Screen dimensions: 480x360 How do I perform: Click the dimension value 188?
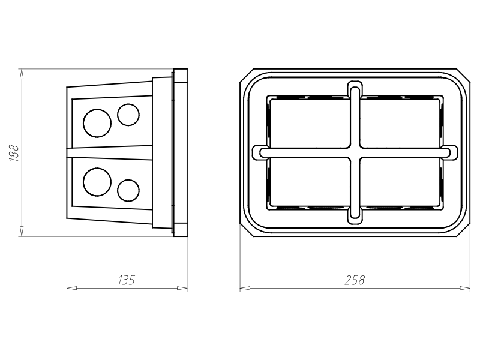(x=14, y=152)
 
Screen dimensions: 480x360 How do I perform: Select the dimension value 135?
(x=126, y=280)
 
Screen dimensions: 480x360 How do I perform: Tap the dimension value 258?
(x=355, y=280)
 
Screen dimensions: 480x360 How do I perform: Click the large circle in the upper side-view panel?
(x=97, y=123)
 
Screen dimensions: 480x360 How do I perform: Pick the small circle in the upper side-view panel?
(x=128, y=115)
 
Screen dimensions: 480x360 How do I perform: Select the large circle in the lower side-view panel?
(x=97, y=182)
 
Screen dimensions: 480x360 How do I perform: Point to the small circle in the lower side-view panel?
(x=128, y=190)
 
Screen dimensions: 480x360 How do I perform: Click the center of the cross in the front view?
(x=355, y=152)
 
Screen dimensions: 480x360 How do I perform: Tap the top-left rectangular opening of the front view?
(x=309, y=123)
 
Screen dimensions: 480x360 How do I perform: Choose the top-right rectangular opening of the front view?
(x=400, y=123)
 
